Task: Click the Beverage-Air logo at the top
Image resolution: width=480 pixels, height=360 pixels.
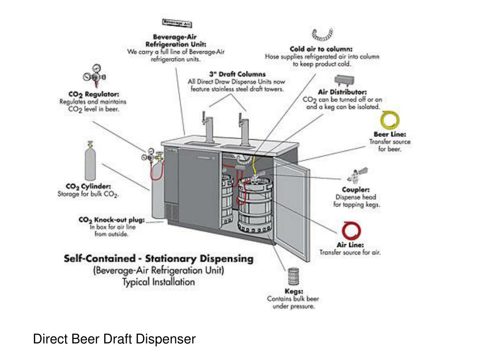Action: pyautogui.click(x=177, y=22)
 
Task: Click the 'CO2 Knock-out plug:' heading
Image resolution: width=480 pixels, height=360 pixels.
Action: pyautogui.click(x=112, y=220)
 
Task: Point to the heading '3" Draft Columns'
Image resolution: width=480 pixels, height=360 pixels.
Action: pyautogui.click(x=237, y=74)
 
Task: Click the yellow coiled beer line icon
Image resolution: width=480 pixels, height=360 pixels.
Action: pyautogui.click(x=390, y=120)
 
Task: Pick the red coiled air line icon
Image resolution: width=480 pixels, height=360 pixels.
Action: pyautogui.click(x=351, y=230)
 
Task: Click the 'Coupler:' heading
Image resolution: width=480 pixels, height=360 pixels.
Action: pyautogui.click(x=356, y=190)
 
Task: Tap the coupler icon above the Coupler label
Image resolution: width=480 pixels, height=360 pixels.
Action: pyautogui.click(x=356, y=175)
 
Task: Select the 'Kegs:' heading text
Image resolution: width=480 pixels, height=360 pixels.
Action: pyautogui.click(x=293, y=291)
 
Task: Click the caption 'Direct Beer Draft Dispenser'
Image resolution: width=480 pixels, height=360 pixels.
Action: pyautogui.click(x=114, y=339)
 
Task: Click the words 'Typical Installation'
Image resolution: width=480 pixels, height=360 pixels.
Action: pyautogui.click(x=158, y=282)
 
